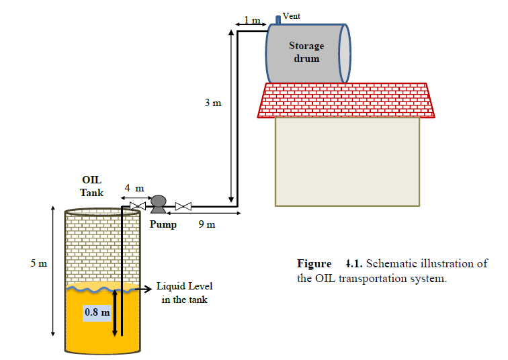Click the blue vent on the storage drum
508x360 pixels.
point(278,19)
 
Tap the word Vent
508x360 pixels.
point(291,15)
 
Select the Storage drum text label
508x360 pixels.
point(306,52)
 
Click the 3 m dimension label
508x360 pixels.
point(213,104)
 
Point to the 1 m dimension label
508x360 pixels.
point(251,20)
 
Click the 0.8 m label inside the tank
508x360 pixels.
point(97,312)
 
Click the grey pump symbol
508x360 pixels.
point(159,202)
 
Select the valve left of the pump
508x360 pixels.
point(138,206)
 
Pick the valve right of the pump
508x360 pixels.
point(183,206)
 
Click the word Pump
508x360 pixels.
point(163,224)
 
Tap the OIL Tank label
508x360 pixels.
point(92,186)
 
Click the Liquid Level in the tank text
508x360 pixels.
point(184,293)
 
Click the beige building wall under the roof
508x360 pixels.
point(347,161)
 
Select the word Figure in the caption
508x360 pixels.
point(314,263)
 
